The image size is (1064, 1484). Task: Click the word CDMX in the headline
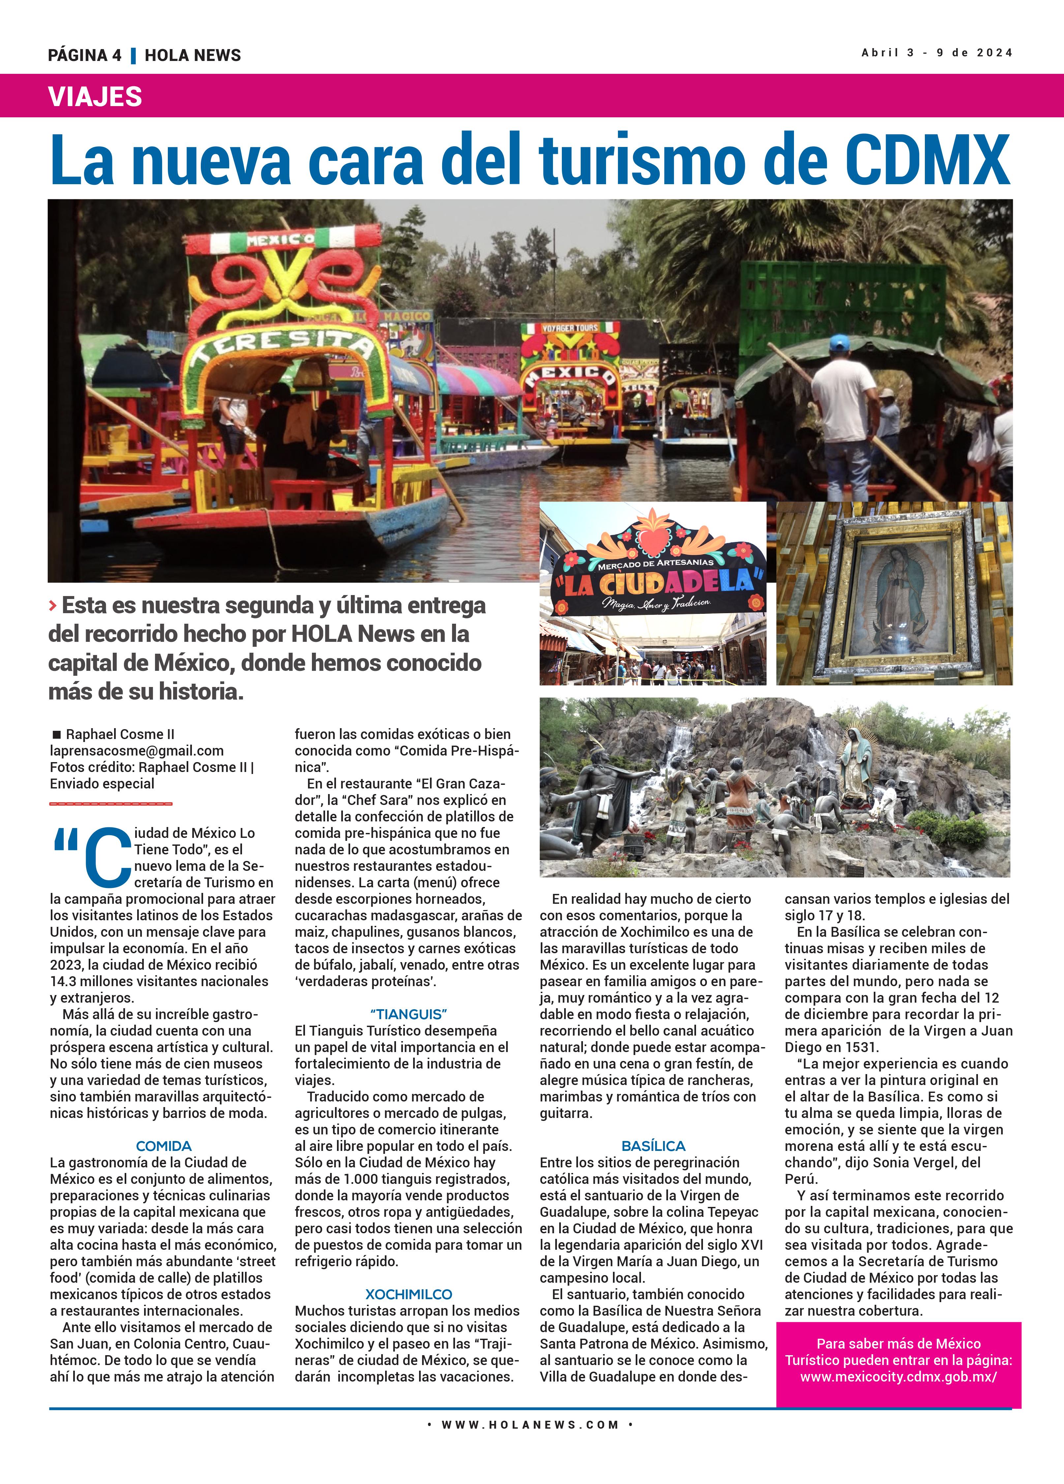(927, 160)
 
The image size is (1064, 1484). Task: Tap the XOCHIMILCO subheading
(409, 1294)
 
